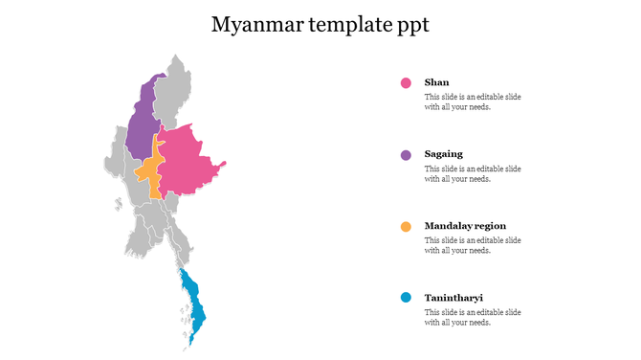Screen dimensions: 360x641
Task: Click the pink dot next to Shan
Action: (406, 83)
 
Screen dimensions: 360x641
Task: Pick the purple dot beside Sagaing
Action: (406, 155)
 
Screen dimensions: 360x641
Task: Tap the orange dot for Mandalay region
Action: (406, 227)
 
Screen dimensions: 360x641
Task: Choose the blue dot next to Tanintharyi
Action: (406, 298)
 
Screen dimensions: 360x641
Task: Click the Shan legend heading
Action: (436, 83)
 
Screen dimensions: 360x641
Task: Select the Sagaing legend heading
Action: (443, 154)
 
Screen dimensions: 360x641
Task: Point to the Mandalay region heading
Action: (465, 226)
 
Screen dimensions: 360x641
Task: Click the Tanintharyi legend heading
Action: (453, 298)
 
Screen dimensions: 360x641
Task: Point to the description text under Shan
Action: (473, 102)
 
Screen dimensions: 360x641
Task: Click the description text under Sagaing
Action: (473, 173)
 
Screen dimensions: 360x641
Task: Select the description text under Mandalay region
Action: (473, 245)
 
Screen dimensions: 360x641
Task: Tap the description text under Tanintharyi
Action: (473, 317)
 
